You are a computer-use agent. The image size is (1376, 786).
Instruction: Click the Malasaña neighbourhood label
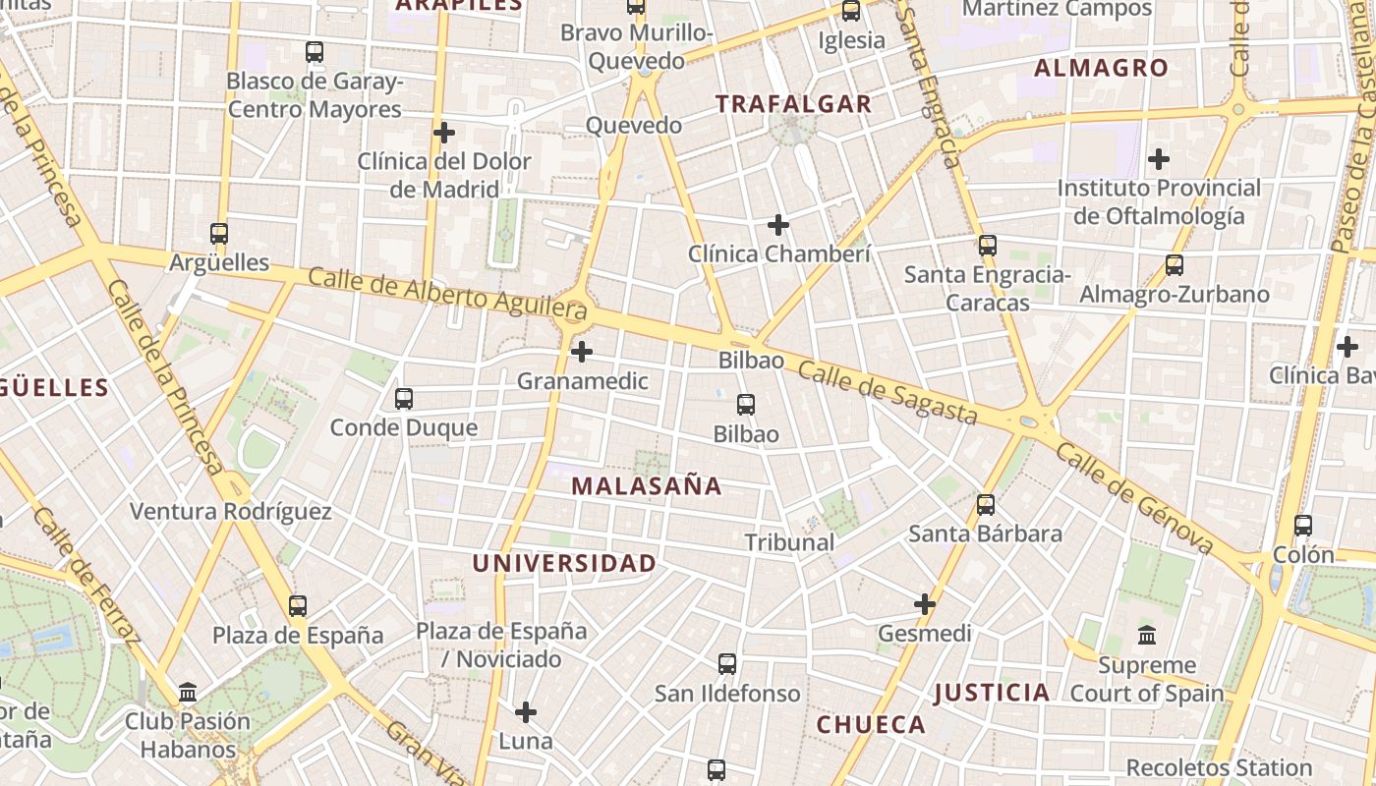[x=646, y=485]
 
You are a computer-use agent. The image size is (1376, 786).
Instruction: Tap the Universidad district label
[x=564, y=563]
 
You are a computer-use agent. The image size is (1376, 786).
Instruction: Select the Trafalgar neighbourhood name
[x=793, y=103]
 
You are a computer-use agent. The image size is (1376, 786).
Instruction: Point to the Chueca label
[x=871, y=725]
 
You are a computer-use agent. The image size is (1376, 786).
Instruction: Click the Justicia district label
[x=992, y=693]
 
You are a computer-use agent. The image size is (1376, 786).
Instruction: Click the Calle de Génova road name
[x=1135, y=498]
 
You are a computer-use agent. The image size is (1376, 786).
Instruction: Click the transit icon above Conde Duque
[x=403, y=399]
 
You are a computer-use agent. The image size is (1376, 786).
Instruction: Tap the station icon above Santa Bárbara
[x=986, y=505]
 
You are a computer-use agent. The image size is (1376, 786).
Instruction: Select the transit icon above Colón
[x=1303, y=526]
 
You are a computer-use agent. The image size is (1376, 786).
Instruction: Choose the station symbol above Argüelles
[x=219, y=234]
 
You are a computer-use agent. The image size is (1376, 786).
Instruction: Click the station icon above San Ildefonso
[x=727, y=664]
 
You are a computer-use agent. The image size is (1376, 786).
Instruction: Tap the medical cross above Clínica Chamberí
[x=778, y=225]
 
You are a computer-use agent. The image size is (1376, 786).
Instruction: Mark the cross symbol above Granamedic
[x=582, y=351]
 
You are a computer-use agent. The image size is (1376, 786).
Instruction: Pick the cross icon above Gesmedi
[x=925, y=604]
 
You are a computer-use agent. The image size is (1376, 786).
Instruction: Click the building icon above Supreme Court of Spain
[x=1147, y=636]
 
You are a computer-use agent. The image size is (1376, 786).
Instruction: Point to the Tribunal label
[x=789, y=542]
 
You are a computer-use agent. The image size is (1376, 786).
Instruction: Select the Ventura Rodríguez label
[x=231, y=511]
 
